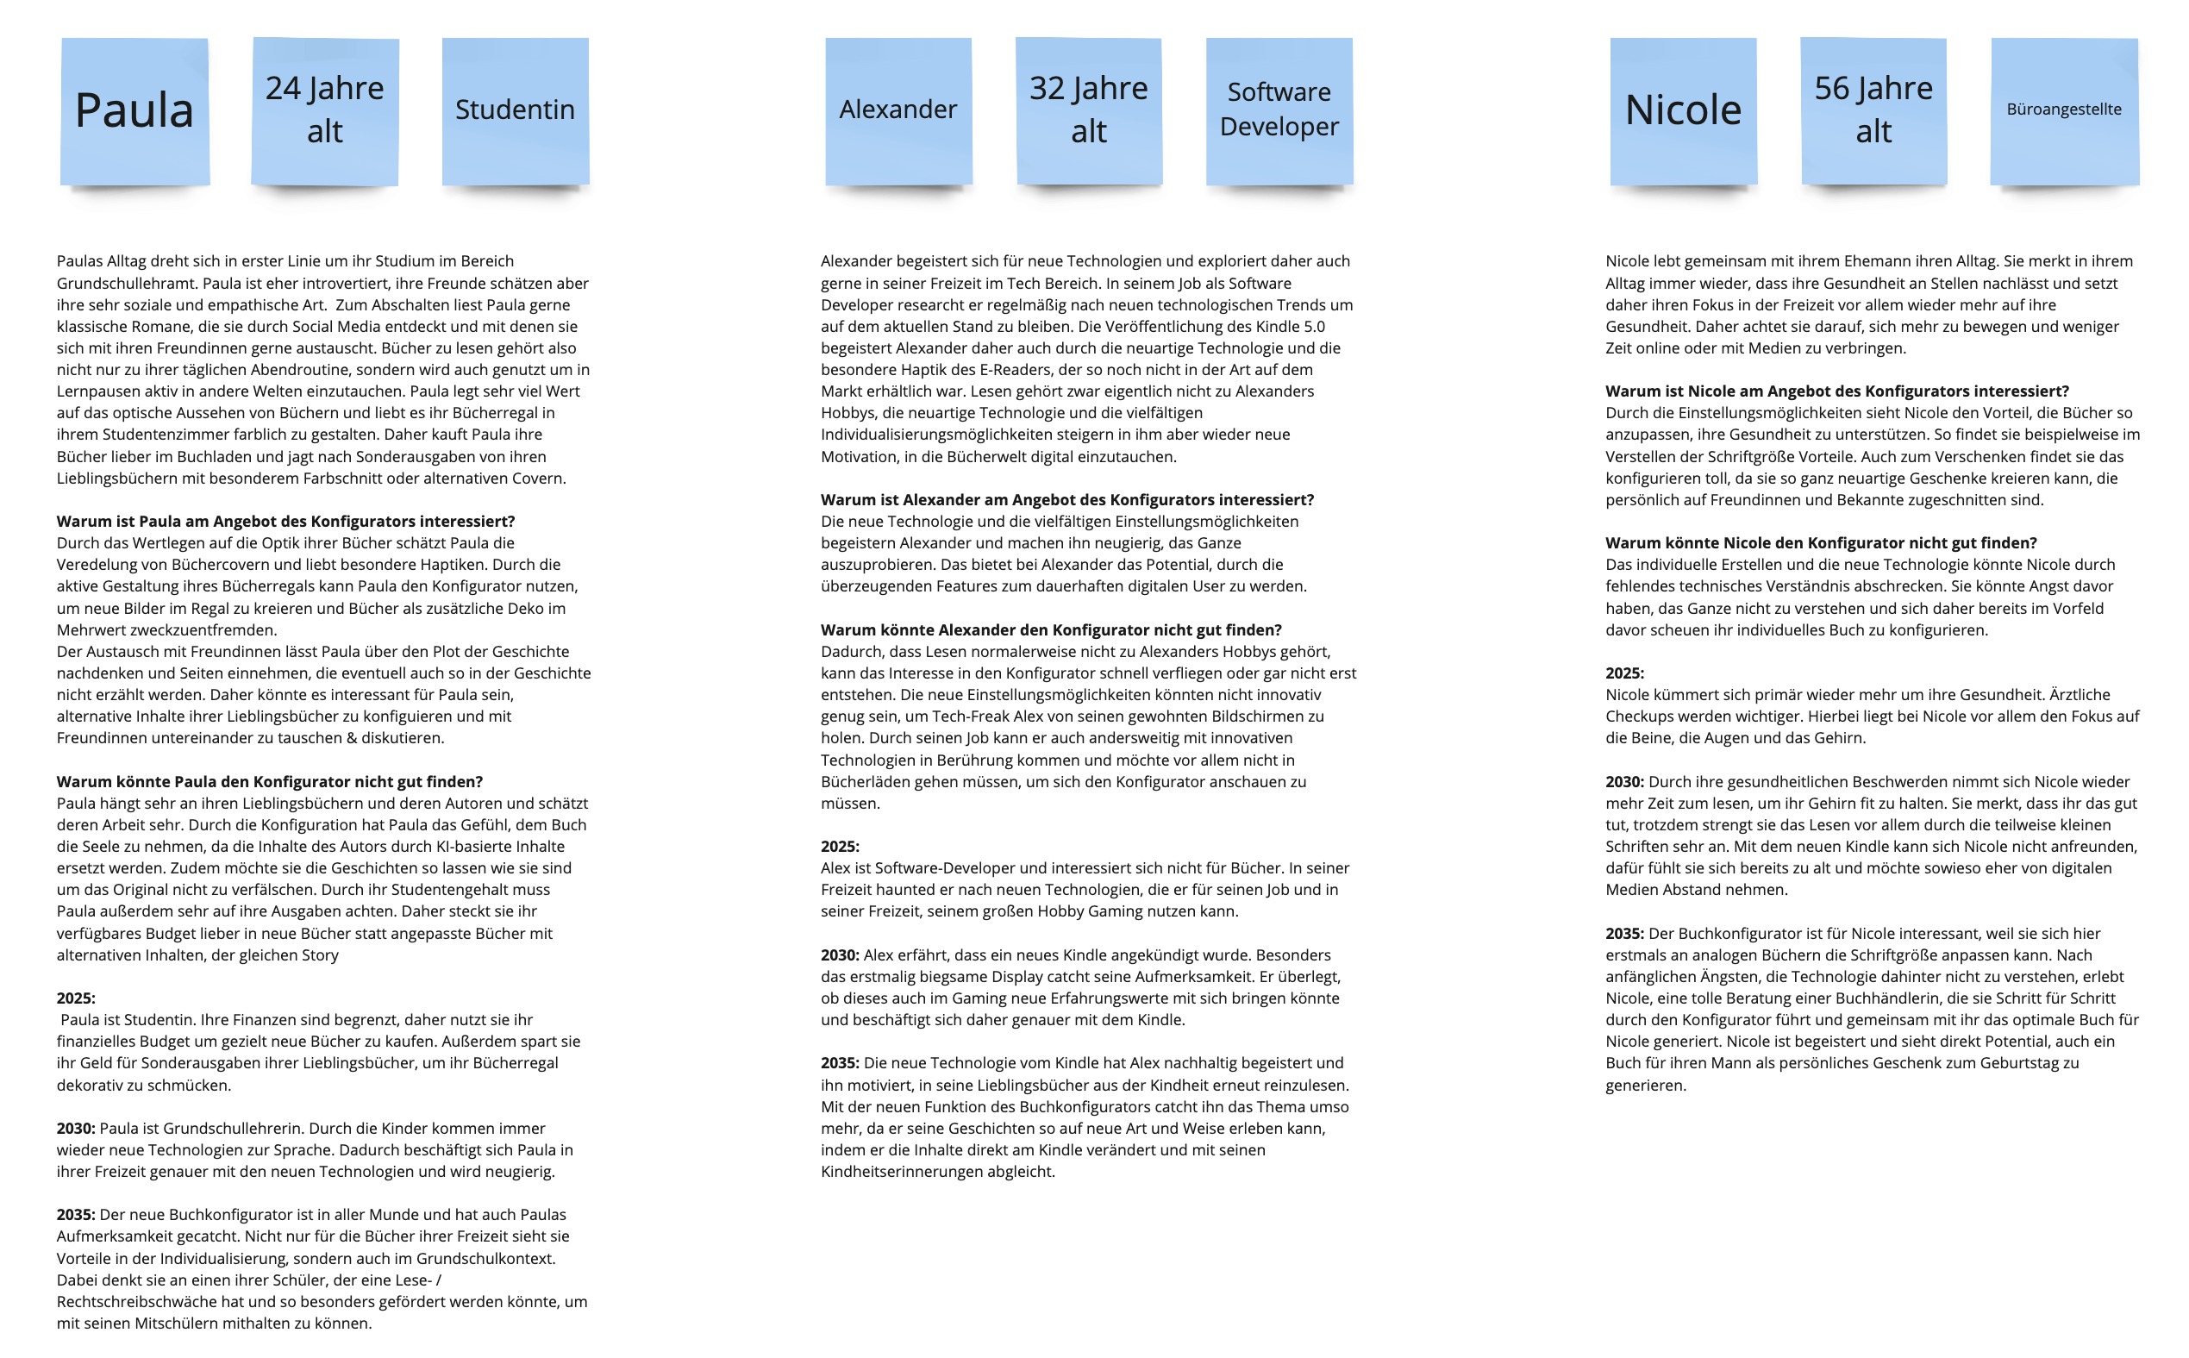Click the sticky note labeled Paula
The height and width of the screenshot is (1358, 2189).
tap(134, 111)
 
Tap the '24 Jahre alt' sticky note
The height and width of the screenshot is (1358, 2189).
tap(325, 111)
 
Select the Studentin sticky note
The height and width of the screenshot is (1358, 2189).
tap(516, 111)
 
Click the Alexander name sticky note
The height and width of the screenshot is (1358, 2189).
tap(898, 111)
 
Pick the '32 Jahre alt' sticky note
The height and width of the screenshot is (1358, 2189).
tap(1089, 111)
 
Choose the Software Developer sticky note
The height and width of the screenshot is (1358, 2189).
tap(1279, 111)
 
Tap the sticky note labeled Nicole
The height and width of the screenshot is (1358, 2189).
tap(1684, 111)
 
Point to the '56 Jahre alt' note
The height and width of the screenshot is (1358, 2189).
tap(1873, 111)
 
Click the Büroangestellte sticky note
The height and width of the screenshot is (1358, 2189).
tap(2064, 111)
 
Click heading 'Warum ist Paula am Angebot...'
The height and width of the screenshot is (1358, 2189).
tap(285, 522)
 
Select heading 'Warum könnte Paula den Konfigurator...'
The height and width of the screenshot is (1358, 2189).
tap(269, 782)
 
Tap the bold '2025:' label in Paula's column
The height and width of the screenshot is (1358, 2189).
tap(75, 998)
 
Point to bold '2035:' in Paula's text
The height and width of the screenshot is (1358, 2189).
tap(75, 1215)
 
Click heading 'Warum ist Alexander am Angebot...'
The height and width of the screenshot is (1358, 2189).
tap(1066, 500)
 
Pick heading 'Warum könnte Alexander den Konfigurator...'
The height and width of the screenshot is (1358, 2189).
tap(1050, 630)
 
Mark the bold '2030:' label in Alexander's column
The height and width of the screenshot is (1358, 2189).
tap(840, 955)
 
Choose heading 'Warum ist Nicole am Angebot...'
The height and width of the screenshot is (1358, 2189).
tap(1837, 391)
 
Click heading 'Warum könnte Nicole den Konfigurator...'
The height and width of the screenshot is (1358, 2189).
tap(1821, 543)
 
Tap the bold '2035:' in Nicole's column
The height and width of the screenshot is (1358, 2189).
tap(1625, 934)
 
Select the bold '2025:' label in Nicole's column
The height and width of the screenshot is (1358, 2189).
tap(1625, 673)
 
